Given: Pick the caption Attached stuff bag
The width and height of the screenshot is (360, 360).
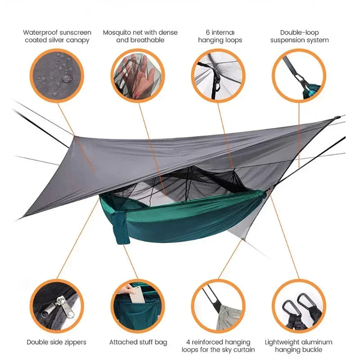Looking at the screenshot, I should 138,342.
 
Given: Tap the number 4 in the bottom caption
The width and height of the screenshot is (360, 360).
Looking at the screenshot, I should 188,342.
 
